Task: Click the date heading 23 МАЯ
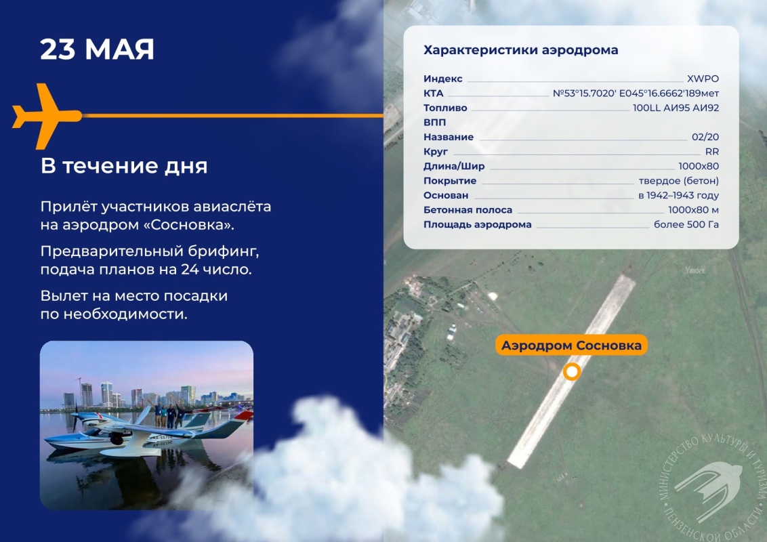97,49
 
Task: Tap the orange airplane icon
47,116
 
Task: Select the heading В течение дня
124,166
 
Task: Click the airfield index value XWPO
703,79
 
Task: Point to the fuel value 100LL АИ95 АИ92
676,108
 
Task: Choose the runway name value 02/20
705,137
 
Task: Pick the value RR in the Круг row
711,152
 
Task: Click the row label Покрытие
449,181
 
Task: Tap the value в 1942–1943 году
678,196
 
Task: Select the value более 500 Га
686,224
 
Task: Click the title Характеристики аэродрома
520,50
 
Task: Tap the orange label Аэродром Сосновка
571,346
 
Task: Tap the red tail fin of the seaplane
244,416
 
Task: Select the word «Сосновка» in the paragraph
192,225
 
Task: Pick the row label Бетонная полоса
468,210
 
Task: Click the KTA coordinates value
636,93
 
